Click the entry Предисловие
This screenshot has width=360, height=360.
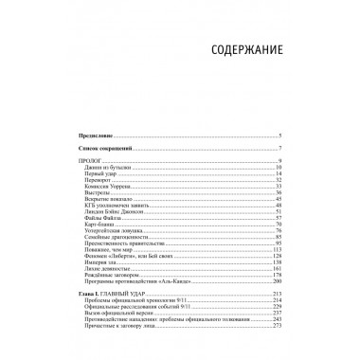pyautogui.click(x=96, y=138)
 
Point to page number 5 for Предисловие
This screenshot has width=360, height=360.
pyautogui.click(x=280, y=138)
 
